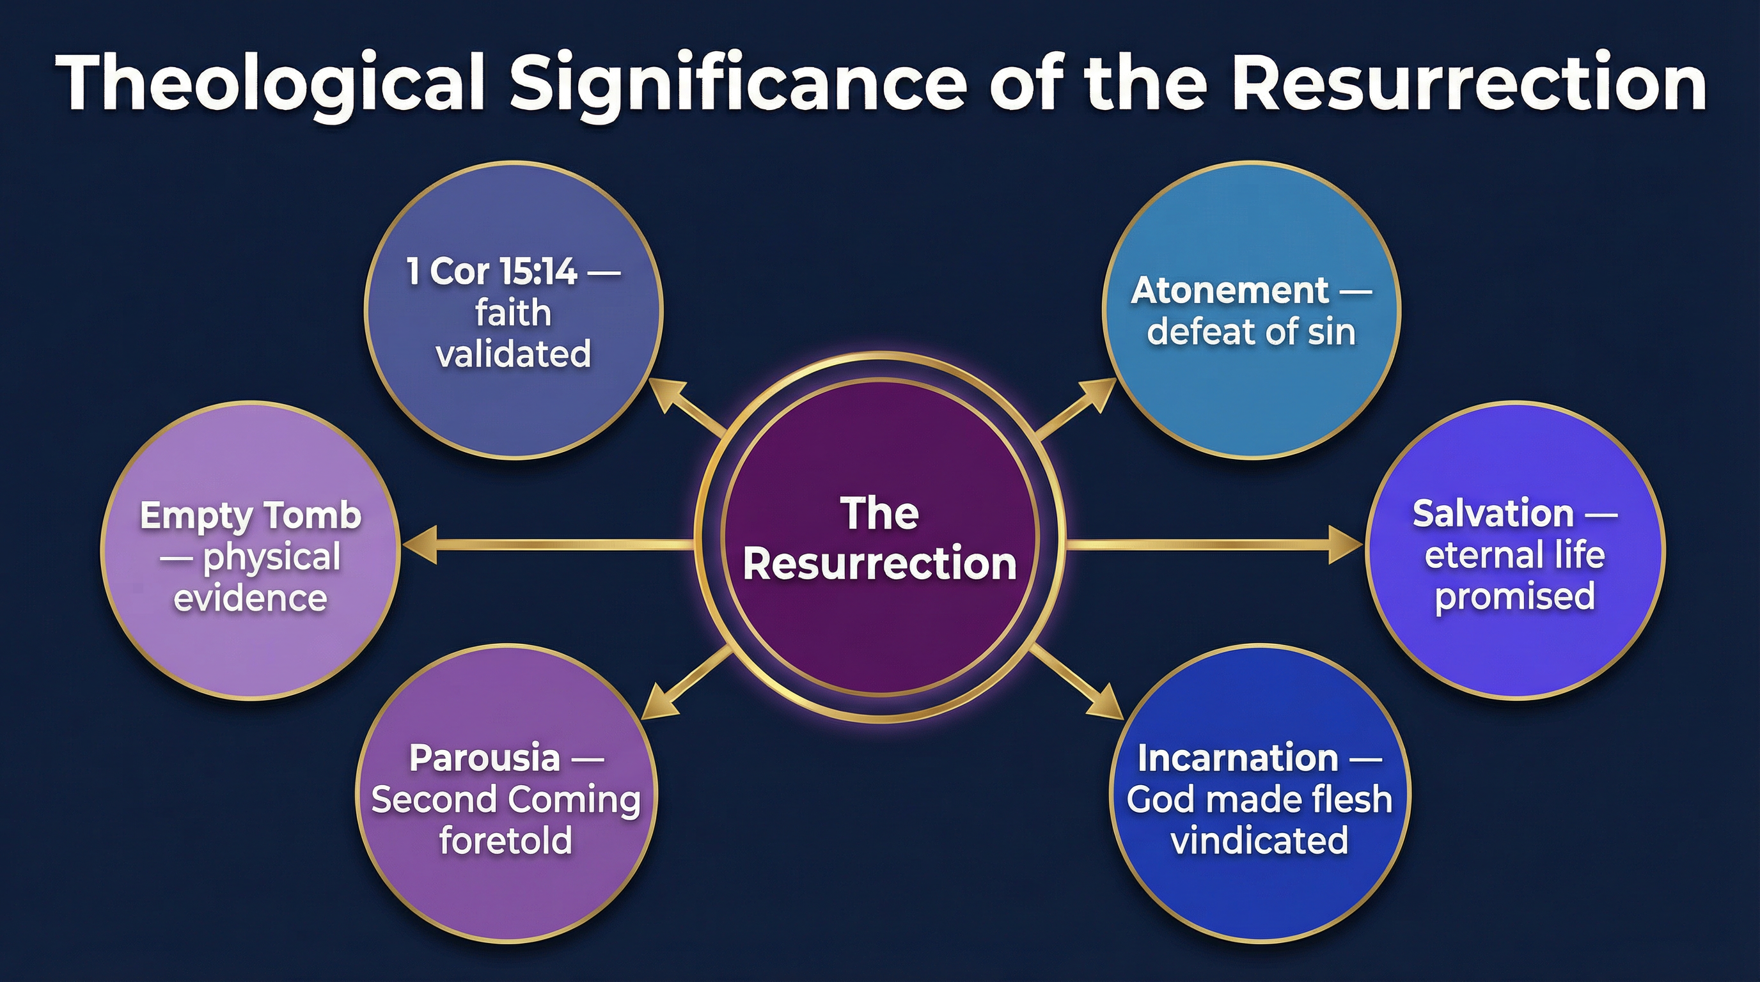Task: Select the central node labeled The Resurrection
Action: [x=879, y=540]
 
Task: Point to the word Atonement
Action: [x=1230, y=291]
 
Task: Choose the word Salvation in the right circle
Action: [x=1493, y=513]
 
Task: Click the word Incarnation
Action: [x=1237, y=758]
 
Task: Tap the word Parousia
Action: [x=484, y=758]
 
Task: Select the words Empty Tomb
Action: [x=250, y=515]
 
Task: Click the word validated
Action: [x=513, y=354]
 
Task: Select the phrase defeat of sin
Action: [x=1250, y=332]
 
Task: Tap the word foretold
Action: [x=506, y=840]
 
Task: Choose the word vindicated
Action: [x=1259, y=840]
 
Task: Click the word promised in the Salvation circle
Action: [x=1514, y=596]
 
